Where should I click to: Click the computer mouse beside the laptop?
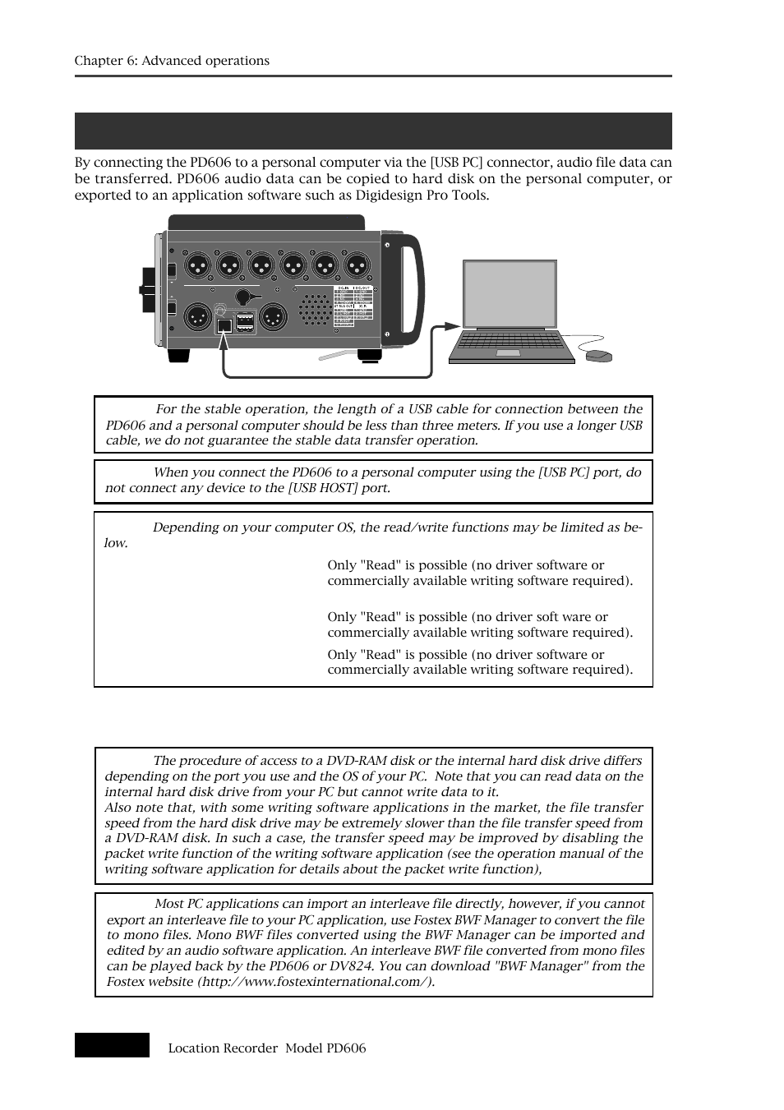coord(598,356)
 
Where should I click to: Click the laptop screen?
coord(510,294)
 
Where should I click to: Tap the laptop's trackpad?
coord(508,353)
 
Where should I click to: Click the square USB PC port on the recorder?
coord(224,325)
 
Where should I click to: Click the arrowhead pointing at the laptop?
coord(451,325)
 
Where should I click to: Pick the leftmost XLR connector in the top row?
coord(196,265)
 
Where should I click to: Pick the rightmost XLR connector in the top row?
coord(356,265)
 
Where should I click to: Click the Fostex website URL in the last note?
coord(315,982)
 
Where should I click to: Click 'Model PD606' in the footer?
coord(325,1048)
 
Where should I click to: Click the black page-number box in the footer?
coord(112,1045)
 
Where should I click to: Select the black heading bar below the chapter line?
coord(373,131)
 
